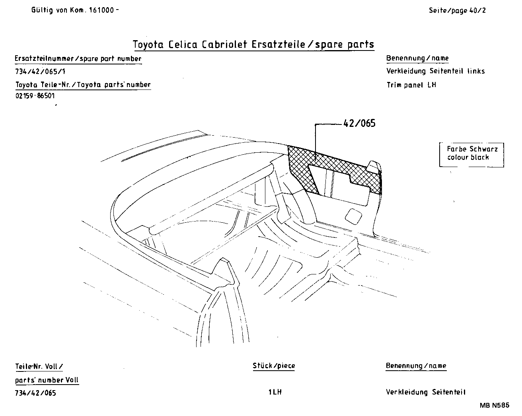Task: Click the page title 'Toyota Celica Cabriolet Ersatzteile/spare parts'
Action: click(253, 44)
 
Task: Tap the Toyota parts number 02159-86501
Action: click(35, 96)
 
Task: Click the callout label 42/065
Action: click(359, 123)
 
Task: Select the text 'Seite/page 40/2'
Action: click(457, 10)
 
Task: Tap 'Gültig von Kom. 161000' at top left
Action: click(75, 10)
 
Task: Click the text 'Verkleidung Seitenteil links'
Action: click(435, 71)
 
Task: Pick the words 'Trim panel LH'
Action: click(411, 85)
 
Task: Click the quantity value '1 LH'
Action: click(275, 392)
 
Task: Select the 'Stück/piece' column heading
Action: click(274, 365)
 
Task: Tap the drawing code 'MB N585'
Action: click(494, 405)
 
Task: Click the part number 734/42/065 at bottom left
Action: click(35, 393)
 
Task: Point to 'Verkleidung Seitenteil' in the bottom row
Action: click(425, 392)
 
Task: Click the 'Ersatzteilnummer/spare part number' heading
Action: click(78, 58)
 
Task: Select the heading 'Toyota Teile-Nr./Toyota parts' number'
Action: click(83, 84)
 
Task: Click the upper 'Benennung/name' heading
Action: click(417, 58)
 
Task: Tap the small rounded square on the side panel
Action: click(353, 215)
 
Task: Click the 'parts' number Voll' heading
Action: click(47, 380)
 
